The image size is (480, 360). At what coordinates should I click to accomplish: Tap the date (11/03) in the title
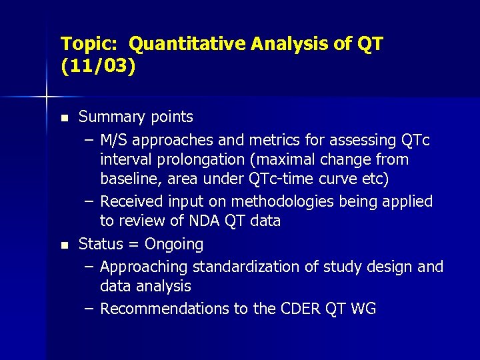(98, 67)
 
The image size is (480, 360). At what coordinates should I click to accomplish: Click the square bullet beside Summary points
(64, 118)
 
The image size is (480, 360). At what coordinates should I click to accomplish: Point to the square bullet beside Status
(64, 245)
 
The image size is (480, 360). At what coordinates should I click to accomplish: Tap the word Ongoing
(174, 244)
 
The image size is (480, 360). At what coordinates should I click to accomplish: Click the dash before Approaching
(89, 267)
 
